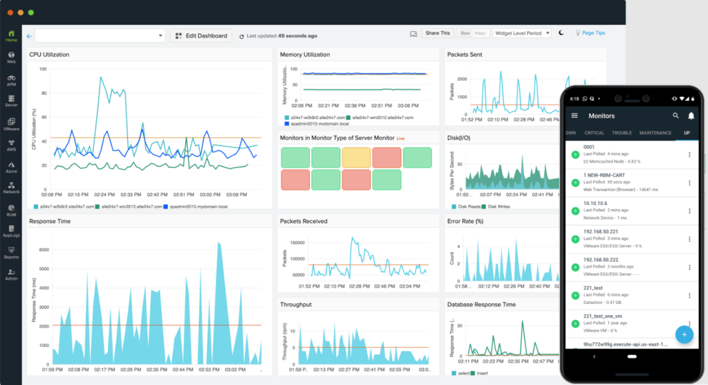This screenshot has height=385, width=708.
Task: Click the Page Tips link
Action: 594,33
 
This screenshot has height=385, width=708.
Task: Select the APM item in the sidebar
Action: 11,81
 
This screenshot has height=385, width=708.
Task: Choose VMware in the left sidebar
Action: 11,125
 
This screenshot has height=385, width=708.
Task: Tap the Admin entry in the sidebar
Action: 11,274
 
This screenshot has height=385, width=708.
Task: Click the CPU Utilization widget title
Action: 49,55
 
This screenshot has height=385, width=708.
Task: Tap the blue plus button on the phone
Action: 684,334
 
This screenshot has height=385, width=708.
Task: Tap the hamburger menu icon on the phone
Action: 574,116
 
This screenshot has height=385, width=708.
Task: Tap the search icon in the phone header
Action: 676,116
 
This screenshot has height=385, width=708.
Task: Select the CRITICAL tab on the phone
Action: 594,132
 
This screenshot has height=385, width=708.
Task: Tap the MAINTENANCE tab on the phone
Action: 655,132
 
